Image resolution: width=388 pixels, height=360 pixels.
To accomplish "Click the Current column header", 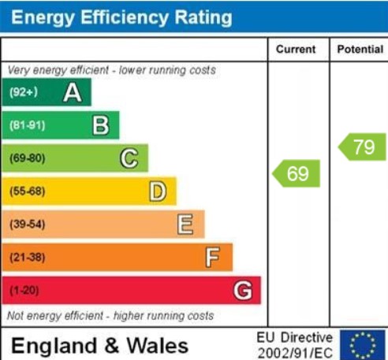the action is pos(296,50).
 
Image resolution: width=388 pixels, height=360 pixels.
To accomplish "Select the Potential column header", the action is pos(360,50).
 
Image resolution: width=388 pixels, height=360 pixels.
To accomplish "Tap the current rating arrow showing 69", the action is pos(296,173).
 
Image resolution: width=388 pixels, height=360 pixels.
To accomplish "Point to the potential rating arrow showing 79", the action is pos(362,147).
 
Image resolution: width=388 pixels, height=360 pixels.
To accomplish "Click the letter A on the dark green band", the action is pos(73,93).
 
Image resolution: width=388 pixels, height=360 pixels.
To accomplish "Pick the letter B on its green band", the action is pos(101,125).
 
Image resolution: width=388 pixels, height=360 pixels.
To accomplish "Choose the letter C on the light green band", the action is pos(129,158).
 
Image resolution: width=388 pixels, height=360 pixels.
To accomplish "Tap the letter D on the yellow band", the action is pos(158,191).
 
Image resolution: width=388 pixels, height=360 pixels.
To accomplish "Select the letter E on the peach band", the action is pos(185,225).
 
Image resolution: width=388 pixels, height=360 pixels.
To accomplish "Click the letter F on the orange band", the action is pos(212,258).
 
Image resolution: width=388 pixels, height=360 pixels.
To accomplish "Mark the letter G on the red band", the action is pos(243,291).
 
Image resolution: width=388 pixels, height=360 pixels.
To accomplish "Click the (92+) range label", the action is pos(24,92).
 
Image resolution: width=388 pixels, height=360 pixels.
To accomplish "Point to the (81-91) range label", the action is pos(28,125).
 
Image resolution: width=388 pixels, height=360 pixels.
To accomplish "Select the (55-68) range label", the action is pos(28,191).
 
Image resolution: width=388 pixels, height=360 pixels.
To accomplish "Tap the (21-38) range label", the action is pos(28,258).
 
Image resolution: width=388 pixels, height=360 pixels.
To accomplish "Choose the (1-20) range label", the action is pos(24,291).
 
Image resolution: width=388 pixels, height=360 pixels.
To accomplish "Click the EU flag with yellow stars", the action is pos(363,345).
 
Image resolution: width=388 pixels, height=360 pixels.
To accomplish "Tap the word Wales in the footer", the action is pos(158,346).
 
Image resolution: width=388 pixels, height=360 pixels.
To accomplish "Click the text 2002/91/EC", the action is pos(295,352).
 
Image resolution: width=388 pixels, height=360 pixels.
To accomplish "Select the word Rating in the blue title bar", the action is pos(203,17).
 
